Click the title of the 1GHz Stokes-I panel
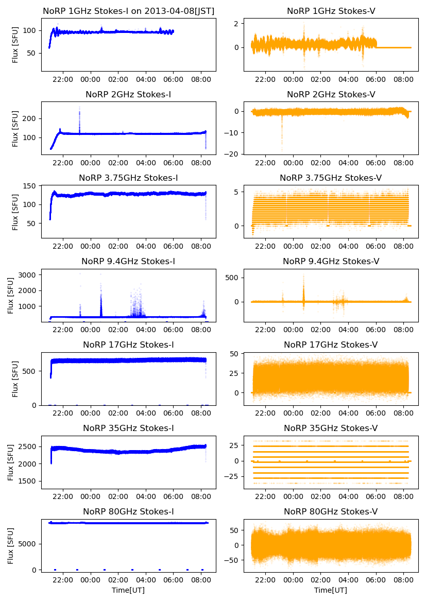pyautogui.click(x=128, y=11)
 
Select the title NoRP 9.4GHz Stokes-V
pyautogui.click(x=331, y=262)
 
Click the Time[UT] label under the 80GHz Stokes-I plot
pyautogui.click(x=128, y=590)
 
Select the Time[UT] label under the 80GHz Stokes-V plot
pyautogui.click(x=331, y=590)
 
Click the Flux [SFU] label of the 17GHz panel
pyautogui.click(x=15, y=379)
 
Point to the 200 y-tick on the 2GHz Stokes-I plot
pyautogui.click(x=30, y=118)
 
